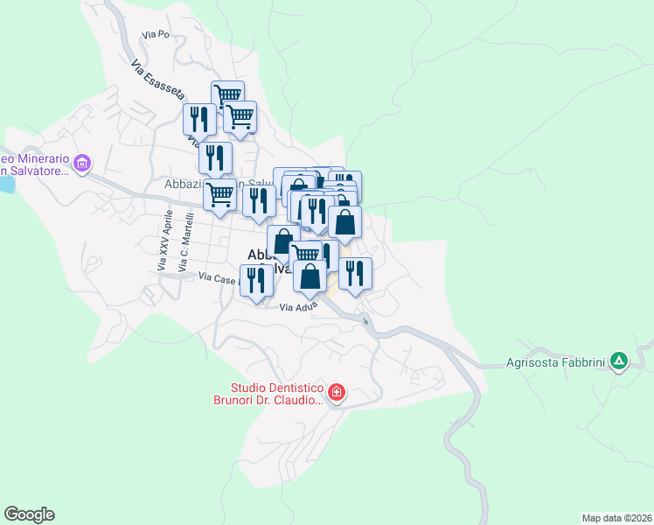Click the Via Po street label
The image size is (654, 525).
pyautogui.click(x=154, y=35)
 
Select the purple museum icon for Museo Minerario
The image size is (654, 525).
pyautogui.click(x=83, y=162)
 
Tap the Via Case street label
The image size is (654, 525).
pyautogui.click(x=219, y=278)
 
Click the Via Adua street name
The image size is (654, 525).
pyautogui.click(x=298, y=307)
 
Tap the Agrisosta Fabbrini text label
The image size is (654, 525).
pyautogui.click(x=556, y=360)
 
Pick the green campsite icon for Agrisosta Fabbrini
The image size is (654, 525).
pyautogui.click(x=619, y=360)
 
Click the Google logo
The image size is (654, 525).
pyautogui.click(x=29, y=514)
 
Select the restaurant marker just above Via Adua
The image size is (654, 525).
pyautogui.click(x=256, y=280)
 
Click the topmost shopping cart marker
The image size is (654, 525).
pyautogui.click(x=227, y=94)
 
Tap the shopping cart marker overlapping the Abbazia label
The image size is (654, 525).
pyautogui.click(x=219, y=193)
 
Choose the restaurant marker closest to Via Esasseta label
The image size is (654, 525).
pyautogui.click(x=199, y=118)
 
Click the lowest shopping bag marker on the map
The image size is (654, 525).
pyautogui.click(x=310, y=276)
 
